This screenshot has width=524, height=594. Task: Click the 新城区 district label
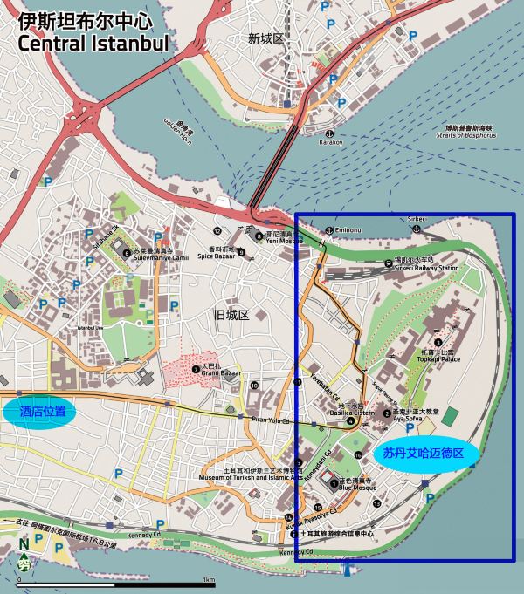tap(266, 38)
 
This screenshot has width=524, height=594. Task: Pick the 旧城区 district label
tap(232, 315)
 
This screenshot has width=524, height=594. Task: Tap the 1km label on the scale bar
tap(208, 580)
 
